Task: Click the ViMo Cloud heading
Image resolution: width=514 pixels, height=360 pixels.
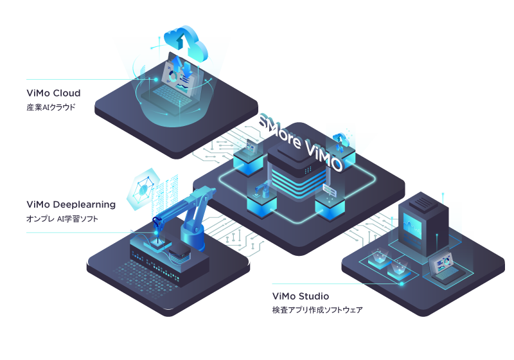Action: pyautogui.click(x=53, y=93)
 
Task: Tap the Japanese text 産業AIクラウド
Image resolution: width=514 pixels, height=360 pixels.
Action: pyautogui.click(x=51, y=107)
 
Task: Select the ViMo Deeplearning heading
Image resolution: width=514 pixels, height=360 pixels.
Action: pyautogui.click(x=71, y=205)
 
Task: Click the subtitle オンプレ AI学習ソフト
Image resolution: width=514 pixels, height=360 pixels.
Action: pyautogui.click(x=62, y=219)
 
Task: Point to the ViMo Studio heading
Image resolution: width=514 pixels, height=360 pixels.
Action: pyautogui.click(x=301, y=296)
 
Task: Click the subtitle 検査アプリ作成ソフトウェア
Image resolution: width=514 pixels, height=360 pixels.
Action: pyautogui.click(x=317, y=310)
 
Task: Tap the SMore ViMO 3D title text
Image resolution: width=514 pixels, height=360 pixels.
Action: pyautogui.click(x=301, y=143)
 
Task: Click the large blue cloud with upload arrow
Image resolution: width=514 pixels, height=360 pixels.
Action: pyautogui.click(x=186, y=42)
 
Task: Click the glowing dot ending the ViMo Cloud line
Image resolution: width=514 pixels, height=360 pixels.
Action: pyautogui.click(x=156, y=79)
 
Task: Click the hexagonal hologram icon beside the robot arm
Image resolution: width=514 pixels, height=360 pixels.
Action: pyautogui.click(x=143, y=189)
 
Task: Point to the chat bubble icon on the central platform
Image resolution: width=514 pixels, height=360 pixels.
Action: pyautogui.click(x=330, y=189)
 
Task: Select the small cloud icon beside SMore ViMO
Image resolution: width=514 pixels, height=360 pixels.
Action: pyautogui.click(x=341, y=141)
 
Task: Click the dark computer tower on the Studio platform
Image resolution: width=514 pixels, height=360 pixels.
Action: pyautogui.click(x=423, y=223)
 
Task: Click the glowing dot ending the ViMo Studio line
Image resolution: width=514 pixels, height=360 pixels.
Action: pyautogui.click(x=401, y=283)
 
